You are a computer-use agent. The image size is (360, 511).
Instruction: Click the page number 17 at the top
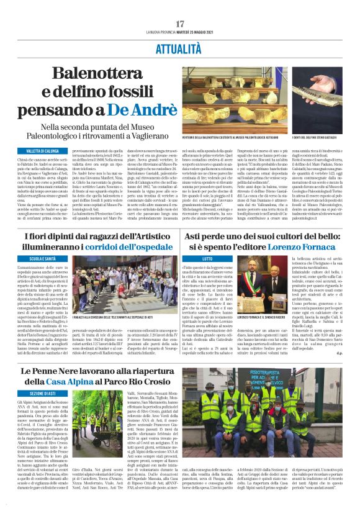[179, 24]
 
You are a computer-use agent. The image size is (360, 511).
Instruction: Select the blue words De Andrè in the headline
[140, 109]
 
